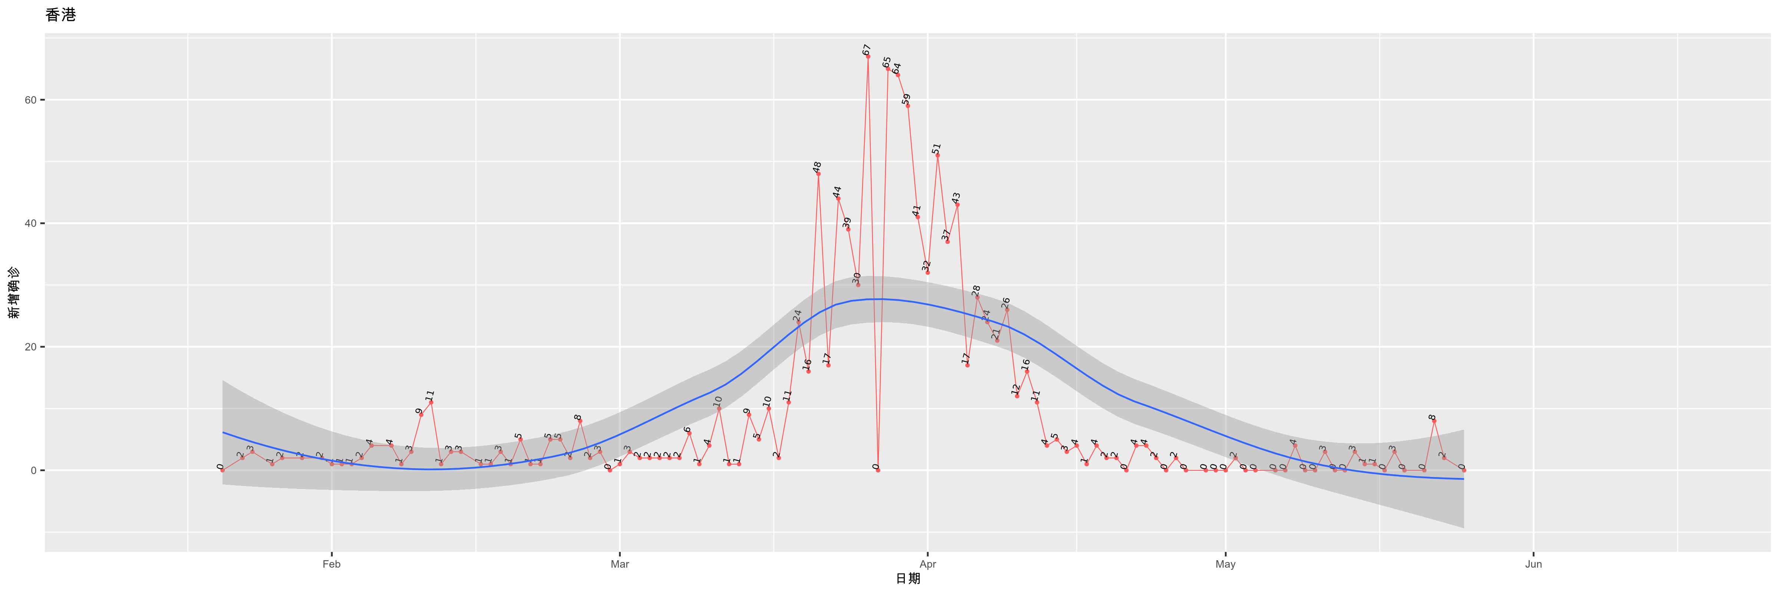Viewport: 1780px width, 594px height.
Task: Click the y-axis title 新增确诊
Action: (x=14, y=293)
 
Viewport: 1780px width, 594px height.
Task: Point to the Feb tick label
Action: (x=332, y=564)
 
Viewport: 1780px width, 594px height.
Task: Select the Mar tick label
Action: (x=620, y=564)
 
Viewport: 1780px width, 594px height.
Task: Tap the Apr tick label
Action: (x=927, y=564)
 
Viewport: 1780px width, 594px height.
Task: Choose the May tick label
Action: (x=1225, y=564)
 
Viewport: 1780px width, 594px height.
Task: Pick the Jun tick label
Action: (x=1533, y=564)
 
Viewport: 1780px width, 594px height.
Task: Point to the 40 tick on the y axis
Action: (x=30, y=223)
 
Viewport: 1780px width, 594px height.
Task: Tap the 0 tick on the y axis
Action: (x=33, y=471)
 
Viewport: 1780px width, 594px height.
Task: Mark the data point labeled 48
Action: (x=818, y=174)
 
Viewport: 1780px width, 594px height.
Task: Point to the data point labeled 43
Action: (x=957, y=205)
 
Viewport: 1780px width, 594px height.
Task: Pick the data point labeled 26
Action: (x=1007, y=310)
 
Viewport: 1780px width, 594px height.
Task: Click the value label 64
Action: (x=896, y=68)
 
